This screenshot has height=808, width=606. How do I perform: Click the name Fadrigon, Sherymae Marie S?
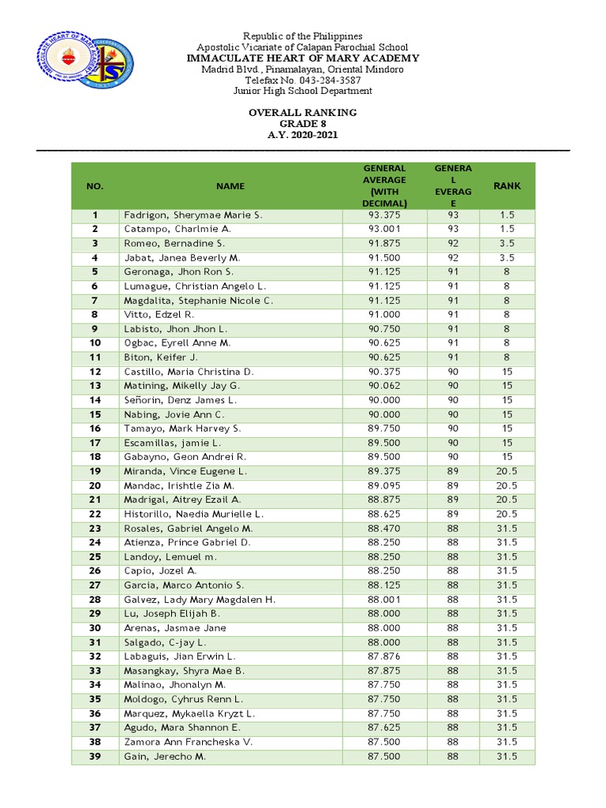pos(193,215)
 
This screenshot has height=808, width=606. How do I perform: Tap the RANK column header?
pos(507,186)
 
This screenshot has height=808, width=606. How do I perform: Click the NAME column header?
pos(230,186)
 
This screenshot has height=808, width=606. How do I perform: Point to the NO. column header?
pos(95,186)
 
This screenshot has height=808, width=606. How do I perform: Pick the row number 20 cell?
pos(95,485)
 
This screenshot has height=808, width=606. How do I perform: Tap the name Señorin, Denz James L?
pos(180,400)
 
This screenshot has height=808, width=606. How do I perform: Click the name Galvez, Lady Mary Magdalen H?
pos(200,600)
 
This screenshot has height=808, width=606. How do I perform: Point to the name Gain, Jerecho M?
pos(164,756)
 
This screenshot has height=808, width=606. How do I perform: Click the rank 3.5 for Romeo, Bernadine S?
pos(507,243)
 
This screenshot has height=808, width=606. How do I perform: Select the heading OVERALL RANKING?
pos(302,113)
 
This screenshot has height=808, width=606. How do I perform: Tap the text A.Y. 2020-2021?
pos(302,135)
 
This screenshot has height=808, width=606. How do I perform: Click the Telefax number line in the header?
pos(302,80)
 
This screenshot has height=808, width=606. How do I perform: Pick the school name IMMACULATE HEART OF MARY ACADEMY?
pos(302,58)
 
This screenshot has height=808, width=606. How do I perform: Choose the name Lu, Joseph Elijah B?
pos(171,614)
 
